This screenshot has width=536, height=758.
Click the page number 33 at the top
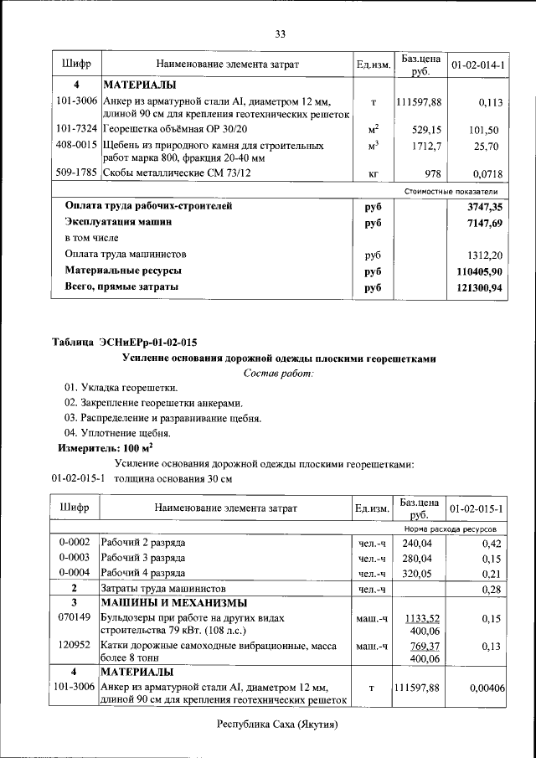[280, 34]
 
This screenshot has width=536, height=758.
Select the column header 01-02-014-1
[477, 64]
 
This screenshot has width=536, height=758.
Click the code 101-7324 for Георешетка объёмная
[76, 130]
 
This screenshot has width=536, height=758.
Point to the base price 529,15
[426, 130]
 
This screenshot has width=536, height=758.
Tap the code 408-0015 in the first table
[76, 146]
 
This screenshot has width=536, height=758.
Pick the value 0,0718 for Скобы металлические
[485, 173]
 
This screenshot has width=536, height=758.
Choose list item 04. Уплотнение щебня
[117, 433]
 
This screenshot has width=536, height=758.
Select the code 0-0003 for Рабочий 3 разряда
[76, 559]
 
